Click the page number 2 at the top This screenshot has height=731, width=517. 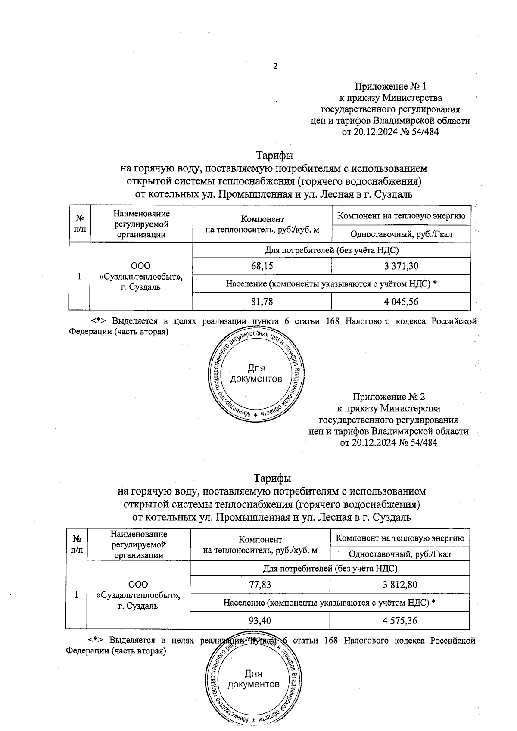point(275,66)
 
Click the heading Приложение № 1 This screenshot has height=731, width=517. point(390,87)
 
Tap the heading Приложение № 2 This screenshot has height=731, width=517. point(389,396)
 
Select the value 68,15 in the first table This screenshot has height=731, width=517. point(262,267)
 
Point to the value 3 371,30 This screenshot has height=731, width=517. point(401,267)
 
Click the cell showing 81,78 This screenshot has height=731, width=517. point(262,302)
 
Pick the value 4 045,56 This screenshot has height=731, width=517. point(401,302)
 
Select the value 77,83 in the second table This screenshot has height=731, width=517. point(260,585)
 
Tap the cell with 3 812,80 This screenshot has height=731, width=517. point(399,585)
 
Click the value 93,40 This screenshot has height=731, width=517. point(260,621)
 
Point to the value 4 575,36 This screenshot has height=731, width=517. point(399,621)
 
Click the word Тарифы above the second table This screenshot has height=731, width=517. point(272,479)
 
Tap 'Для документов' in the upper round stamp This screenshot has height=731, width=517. point(256,374)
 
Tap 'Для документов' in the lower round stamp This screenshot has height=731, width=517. point(253,679)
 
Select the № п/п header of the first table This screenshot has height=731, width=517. point(79,224)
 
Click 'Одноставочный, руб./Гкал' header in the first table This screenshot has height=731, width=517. point(401,234)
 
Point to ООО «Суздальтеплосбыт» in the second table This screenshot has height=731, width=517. point(138,595)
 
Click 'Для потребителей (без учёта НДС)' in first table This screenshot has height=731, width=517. point(331,250)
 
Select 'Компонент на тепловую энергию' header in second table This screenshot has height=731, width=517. point(399,538)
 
